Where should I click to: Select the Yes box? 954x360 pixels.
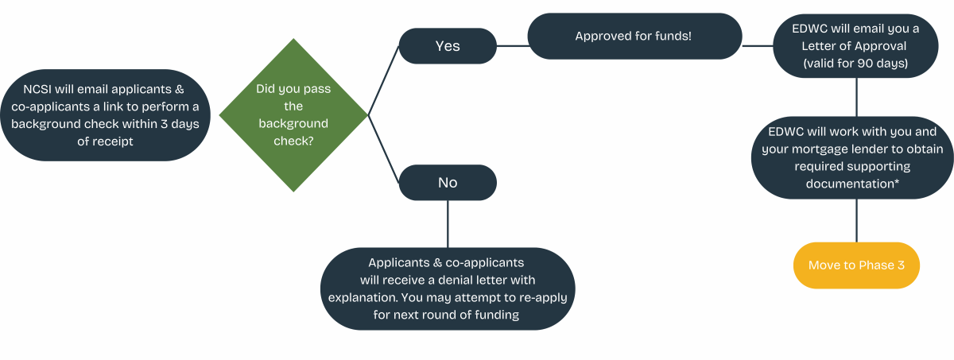[448, 46]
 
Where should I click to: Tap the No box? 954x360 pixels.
[448, 183]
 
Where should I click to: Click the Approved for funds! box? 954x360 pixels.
[634, 37]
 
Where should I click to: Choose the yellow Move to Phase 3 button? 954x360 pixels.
[856, 265]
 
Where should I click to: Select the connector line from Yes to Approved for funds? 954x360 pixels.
[513, 46]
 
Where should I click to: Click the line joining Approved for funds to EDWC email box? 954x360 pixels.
[758, 46]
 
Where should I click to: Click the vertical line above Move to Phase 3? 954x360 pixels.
[856, 220]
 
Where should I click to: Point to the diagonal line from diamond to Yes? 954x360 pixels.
[384, 79]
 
